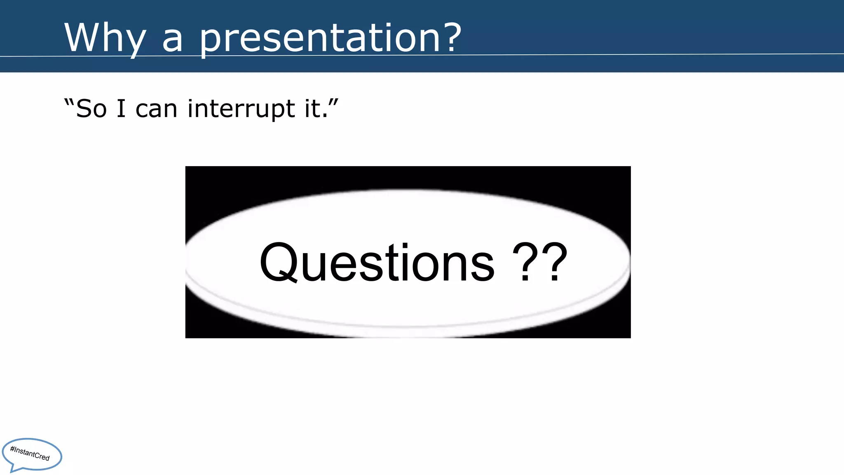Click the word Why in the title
(105, 38)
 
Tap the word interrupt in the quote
(241, 109)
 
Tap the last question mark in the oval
(555, 261)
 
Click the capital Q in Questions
(279, 263)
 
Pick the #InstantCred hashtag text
(30, 453)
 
